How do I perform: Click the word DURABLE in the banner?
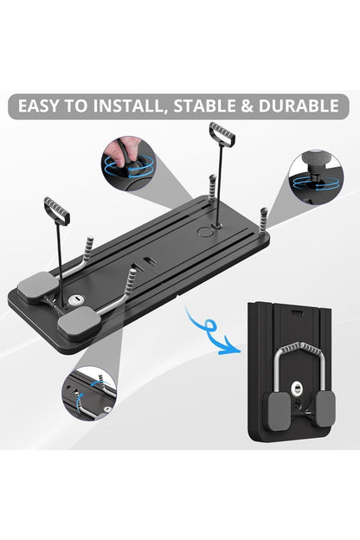point(299,106)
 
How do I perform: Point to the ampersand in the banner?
point(247,106)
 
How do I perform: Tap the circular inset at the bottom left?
point(89,393)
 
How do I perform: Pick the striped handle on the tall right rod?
point(222,133)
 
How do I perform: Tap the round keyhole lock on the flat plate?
point(75,300)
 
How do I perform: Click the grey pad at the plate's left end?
point(37,286)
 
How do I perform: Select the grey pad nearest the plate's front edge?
point(80,324)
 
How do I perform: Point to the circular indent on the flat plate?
point(205,231)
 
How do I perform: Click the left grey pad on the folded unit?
point(280,411)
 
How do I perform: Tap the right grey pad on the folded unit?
point(325,408)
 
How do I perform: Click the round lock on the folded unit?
point(296,388)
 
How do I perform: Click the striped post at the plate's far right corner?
point(264,220)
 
